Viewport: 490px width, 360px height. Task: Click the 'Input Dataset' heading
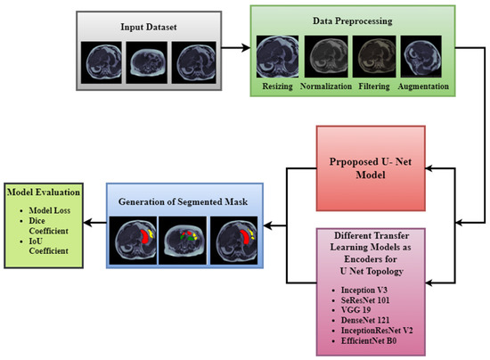click(144, 27)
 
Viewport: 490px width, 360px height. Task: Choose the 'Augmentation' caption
click(422, 86)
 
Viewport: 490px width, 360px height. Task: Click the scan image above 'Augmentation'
click(421, 57)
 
